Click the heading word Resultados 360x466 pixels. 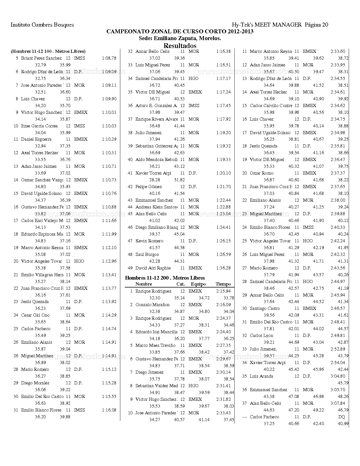[x=180, y=45]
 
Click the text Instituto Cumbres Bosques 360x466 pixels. [x=42, y=25]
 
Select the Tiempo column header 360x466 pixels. [x=223, y=284]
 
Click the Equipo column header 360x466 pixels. [x=198, y=284]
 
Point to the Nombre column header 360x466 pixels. [x=143, y=284]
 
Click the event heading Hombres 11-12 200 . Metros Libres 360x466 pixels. [x=165, y=278]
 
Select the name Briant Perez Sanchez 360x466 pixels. [x=41, y=58]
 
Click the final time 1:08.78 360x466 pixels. [x=109, y=58]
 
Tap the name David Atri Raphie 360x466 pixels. [x=153, y=268]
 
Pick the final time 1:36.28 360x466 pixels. [x=223, y=268]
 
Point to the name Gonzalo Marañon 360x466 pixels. [x=152, y=305]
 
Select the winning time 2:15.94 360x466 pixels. [x=223, y=291]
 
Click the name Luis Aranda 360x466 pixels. [x=261, y=376]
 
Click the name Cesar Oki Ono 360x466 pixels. [x=35, y=315]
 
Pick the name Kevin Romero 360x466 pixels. [x=149, y=241]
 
